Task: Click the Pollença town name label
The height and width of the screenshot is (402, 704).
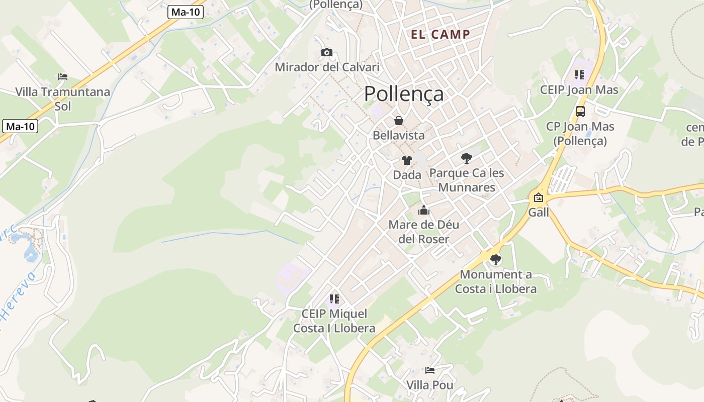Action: (x=404, y=94)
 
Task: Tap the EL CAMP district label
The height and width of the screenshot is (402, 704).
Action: (x=441, y=35)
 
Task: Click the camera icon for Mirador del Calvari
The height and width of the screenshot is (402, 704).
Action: (x=327, y=52)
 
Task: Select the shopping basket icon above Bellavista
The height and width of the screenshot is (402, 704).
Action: (x=399, y=121)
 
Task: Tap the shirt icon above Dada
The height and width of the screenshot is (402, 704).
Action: (x=406, y=160)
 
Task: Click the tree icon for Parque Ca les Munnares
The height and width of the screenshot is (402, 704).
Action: (x=467, y=158)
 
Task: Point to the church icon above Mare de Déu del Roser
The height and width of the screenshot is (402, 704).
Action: (x=424, y=210)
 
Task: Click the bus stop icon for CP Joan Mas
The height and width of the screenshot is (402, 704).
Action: (x=580, y=111)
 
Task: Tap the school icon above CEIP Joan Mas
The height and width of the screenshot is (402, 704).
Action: (x=579, y=75)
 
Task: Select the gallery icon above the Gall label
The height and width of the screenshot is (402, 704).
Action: (x=539, y=197)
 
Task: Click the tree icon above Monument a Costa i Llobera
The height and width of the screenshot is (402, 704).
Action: (x=496, y=260)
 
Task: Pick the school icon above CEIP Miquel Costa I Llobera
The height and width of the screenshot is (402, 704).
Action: (x=334, y=299)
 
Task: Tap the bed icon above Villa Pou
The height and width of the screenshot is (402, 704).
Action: (x=430, y=370)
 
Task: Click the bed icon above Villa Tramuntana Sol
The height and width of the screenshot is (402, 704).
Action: (x=63, y=77)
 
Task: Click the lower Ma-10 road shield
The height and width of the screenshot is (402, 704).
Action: (x=20, y=126)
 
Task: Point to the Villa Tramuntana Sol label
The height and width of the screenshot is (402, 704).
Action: (x=63, y=99)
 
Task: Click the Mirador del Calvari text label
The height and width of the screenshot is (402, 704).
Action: (x=327, y=67)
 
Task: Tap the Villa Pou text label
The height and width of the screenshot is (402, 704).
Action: (x=430, y=385)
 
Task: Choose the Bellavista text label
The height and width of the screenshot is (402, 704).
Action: (x=399, y=135)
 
